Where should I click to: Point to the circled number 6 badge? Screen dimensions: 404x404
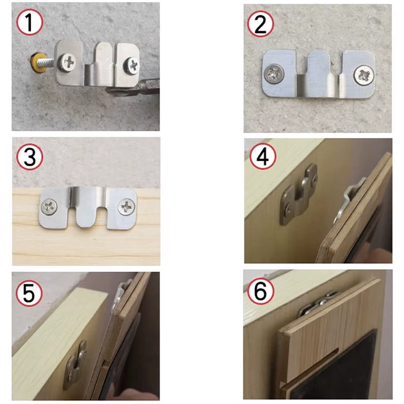(261, 291)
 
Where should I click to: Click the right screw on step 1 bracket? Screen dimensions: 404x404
(133, 65)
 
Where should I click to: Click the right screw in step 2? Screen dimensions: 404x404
(363, 75)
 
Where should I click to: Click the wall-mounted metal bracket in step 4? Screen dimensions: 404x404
(299, 194)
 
